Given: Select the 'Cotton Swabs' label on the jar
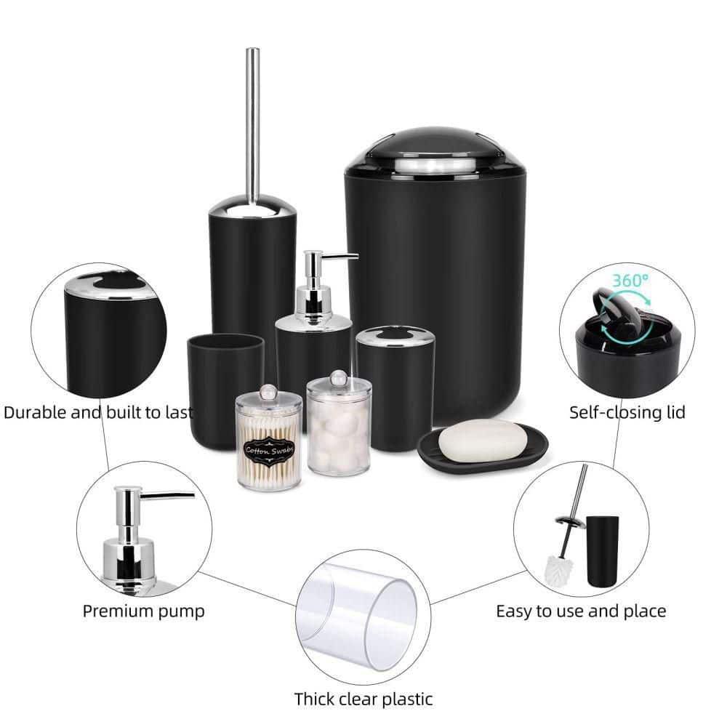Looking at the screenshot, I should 269,450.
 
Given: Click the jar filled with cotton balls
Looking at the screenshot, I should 338,425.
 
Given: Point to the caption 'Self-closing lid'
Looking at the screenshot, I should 627,413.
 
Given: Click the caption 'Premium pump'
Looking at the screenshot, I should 143,610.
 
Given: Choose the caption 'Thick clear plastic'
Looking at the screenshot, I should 363,699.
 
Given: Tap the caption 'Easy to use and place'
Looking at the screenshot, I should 581,611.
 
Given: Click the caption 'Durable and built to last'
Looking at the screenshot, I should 98,413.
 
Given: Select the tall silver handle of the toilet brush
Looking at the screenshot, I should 253,124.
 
